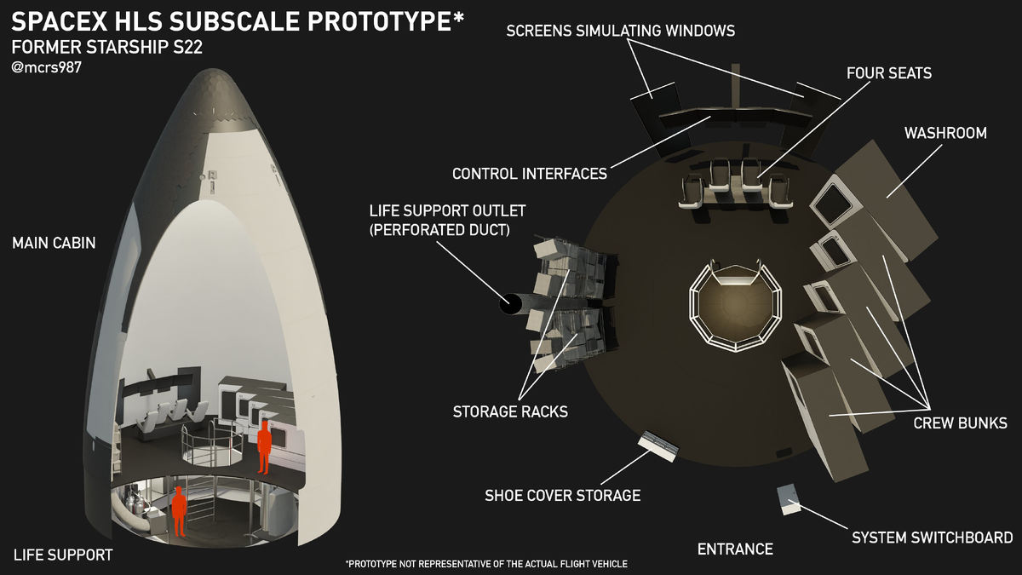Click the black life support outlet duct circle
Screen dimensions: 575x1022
[x=510, y=303]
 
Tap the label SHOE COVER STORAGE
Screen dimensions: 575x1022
[x=562, y=495]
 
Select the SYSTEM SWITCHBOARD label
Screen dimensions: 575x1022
[x=932, y=538]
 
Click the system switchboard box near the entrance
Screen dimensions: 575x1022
[x=789, y=500]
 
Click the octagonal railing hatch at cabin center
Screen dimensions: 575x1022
[x=733, y=304]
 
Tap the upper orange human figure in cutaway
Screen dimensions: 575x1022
[x=264, y=445]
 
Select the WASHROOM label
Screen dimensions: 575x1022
[x=945, y=133]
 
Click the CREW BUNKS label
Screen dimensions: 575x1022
[x=960, y=423]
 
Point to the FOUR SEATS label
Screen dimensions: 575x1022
[x=888, y=73]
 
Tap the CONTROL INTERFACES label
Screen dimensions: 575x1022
[x=529, y=174]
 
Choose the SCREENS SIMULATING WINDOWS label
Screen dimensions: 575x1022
[x=620, y=31]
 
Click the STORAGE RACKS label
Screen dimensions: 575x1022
[x=510, y=411]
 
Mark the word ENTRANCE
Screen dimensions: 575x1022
[x=735, y=549]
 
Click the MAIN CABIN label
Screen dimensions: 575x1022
[x=54, y=244]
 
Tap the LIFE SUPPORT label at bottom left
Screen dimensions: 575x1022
[x=63, y=555]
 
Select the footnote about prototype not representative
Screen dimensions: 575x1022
[x=485, y=564]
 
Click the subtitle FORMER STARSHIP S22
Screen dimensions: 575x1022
[x=106, y=47]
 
